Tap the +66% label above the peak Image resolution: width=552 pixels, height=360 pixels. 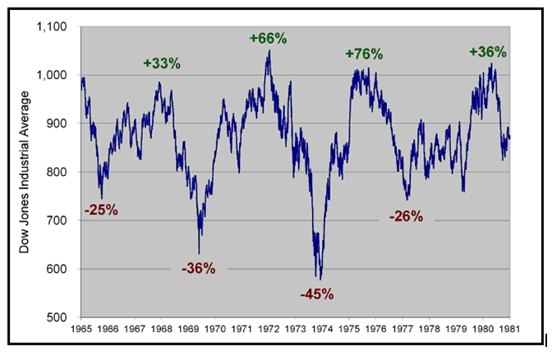[267, 38]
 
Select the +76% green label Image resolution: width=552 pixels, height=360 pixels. [364, 53]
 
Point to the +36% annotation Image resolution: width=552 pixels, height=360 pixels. [488, 51]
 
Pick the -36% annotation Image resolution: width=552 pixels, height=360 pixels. [198, 268]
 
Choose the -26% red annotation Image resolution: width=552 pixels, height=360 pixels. [406, 217]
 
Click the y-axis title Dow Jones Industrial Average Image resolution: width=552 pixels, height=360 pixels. [25, 172]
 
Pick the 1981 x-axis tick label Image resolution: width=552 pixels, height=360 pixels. [509, 329]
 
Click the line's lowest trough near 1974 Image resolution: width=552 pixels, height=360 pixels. [320, 279]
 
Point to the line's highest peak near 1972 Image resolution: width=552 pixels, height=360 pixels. [269, 51]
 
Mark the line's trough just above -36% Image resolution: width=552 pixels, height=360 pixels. [199, 252]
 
